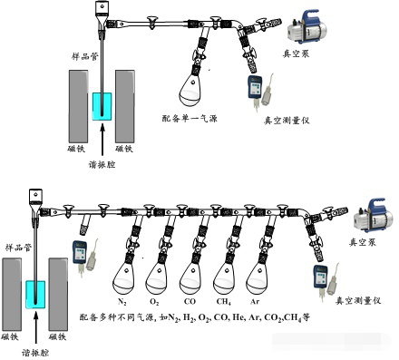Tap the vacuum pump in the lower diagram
[x=374, y=215]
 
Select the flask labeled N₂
[x=124, y=279]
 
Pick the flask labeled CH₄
[x=225, y=279]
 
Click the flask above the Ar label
[x=258, y=279]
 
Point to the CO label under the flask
[x=190, y=302]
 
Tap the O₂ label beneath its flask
[x=154, y=302]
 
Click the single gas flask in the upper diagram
[x=191, y=91]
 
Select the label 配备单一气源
[x=190, y=119]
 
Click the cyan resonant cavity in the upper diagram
[x=102, y=107]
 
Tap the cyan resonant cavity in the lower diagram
[x=35, y=295]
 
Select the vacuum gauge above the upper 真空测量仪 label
[x=260, y=91]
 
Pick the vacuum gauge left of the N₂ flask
[x=85, y=257]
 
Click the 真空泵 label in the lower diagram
[x=363, y=242]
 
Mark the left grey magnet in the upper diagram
[x=79, y=106]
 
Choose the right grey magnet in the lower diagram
[x=58, y=295]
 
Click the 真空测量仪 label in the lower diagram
[x=358, y=301]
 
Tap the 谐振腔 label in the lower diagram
[x=35, y=353]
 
